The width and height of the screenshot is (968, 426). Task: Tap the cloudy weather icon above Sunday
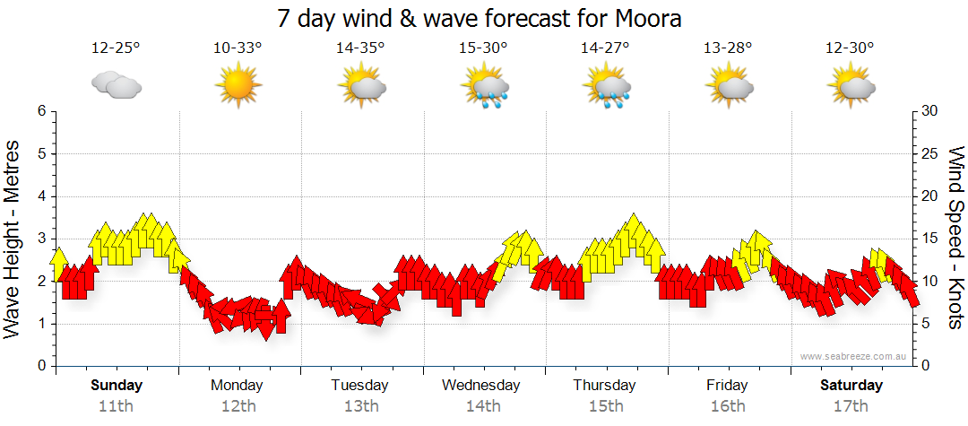coord(117,85)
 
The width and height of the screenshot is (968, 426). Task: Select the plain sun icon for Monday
coord(238,86)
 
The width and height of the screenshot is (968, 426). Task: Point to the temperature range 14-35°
coord(360,48)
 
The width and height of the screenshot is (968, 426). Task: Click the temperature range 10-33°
coord(238,48)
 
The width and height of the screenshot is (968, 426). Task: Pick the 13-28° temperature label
coord(728,48)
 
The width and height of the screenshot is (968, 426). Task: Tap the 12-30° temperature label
coord(850,48)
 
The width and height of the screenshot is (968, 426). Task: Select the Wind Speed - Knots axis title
coord(955,238)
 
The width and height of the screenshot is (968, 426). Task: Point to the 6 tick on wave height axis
coord(41,111)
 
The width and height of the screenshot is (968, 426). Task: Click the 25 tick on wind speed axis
coord(930,153)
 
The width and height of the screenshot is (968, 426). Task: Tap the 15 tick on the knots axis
coord(930,239)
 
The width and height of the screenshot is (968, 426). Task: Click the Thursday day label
coord(605,385)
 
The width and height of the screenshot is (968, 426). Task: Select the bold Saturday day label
coord(851,385)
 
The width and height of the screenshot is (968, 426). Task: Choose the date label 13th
coord(360,405)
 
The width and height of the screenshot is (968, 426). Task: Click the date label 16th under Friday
coord(727,405)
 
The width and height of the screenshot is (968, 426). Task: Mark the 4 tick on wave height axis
coord(41,196)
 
